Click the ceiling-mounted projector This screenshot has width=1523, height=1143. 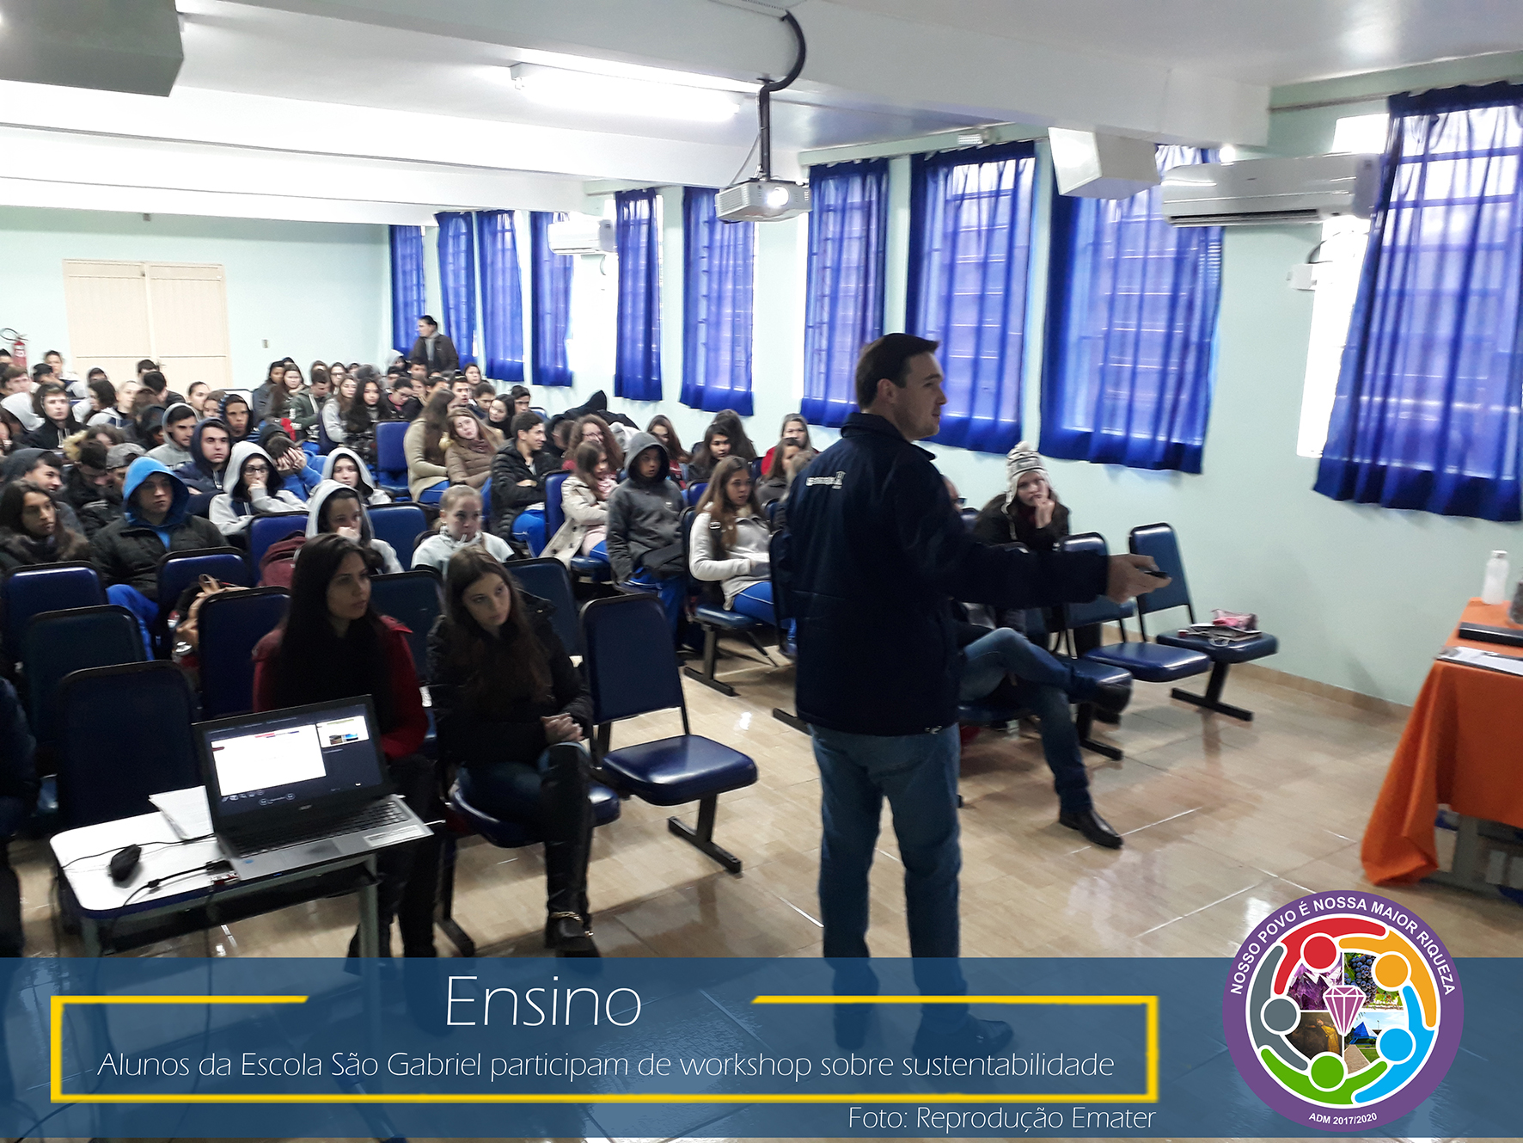(761, 199)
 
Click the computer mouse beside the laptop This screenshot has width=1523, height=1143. (125, 863)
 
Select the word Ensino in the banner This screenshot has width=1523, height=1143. (543, 1002)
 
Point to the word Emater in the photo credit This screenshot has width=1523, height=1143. (1114, 1118)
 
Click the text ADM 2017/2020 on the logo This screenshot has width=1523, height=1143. (1343, 1118)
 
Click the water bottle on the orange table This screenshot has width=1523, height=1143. (1495, 577)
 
